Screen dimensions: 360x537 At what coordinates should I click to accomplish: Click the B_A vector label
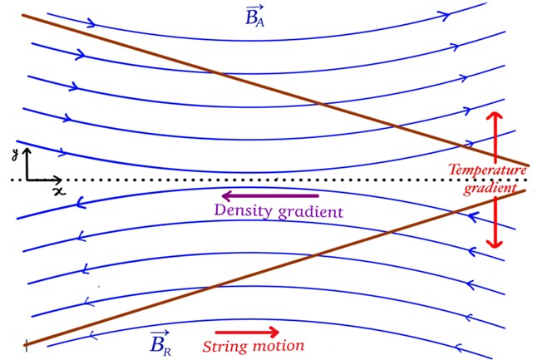pyautogui.click(x=254, y=14)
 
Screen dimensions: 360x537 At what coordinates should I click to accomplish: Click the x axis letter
pyautogui.click(x=59, y=190)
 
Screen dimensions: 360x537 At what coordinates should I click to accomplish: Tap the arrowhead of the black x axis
pyautogui.click(x=58, y=180)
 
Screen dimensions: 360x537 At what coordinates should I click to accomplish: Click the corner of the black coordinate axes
pyautogui.click(x=27, y=180)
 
